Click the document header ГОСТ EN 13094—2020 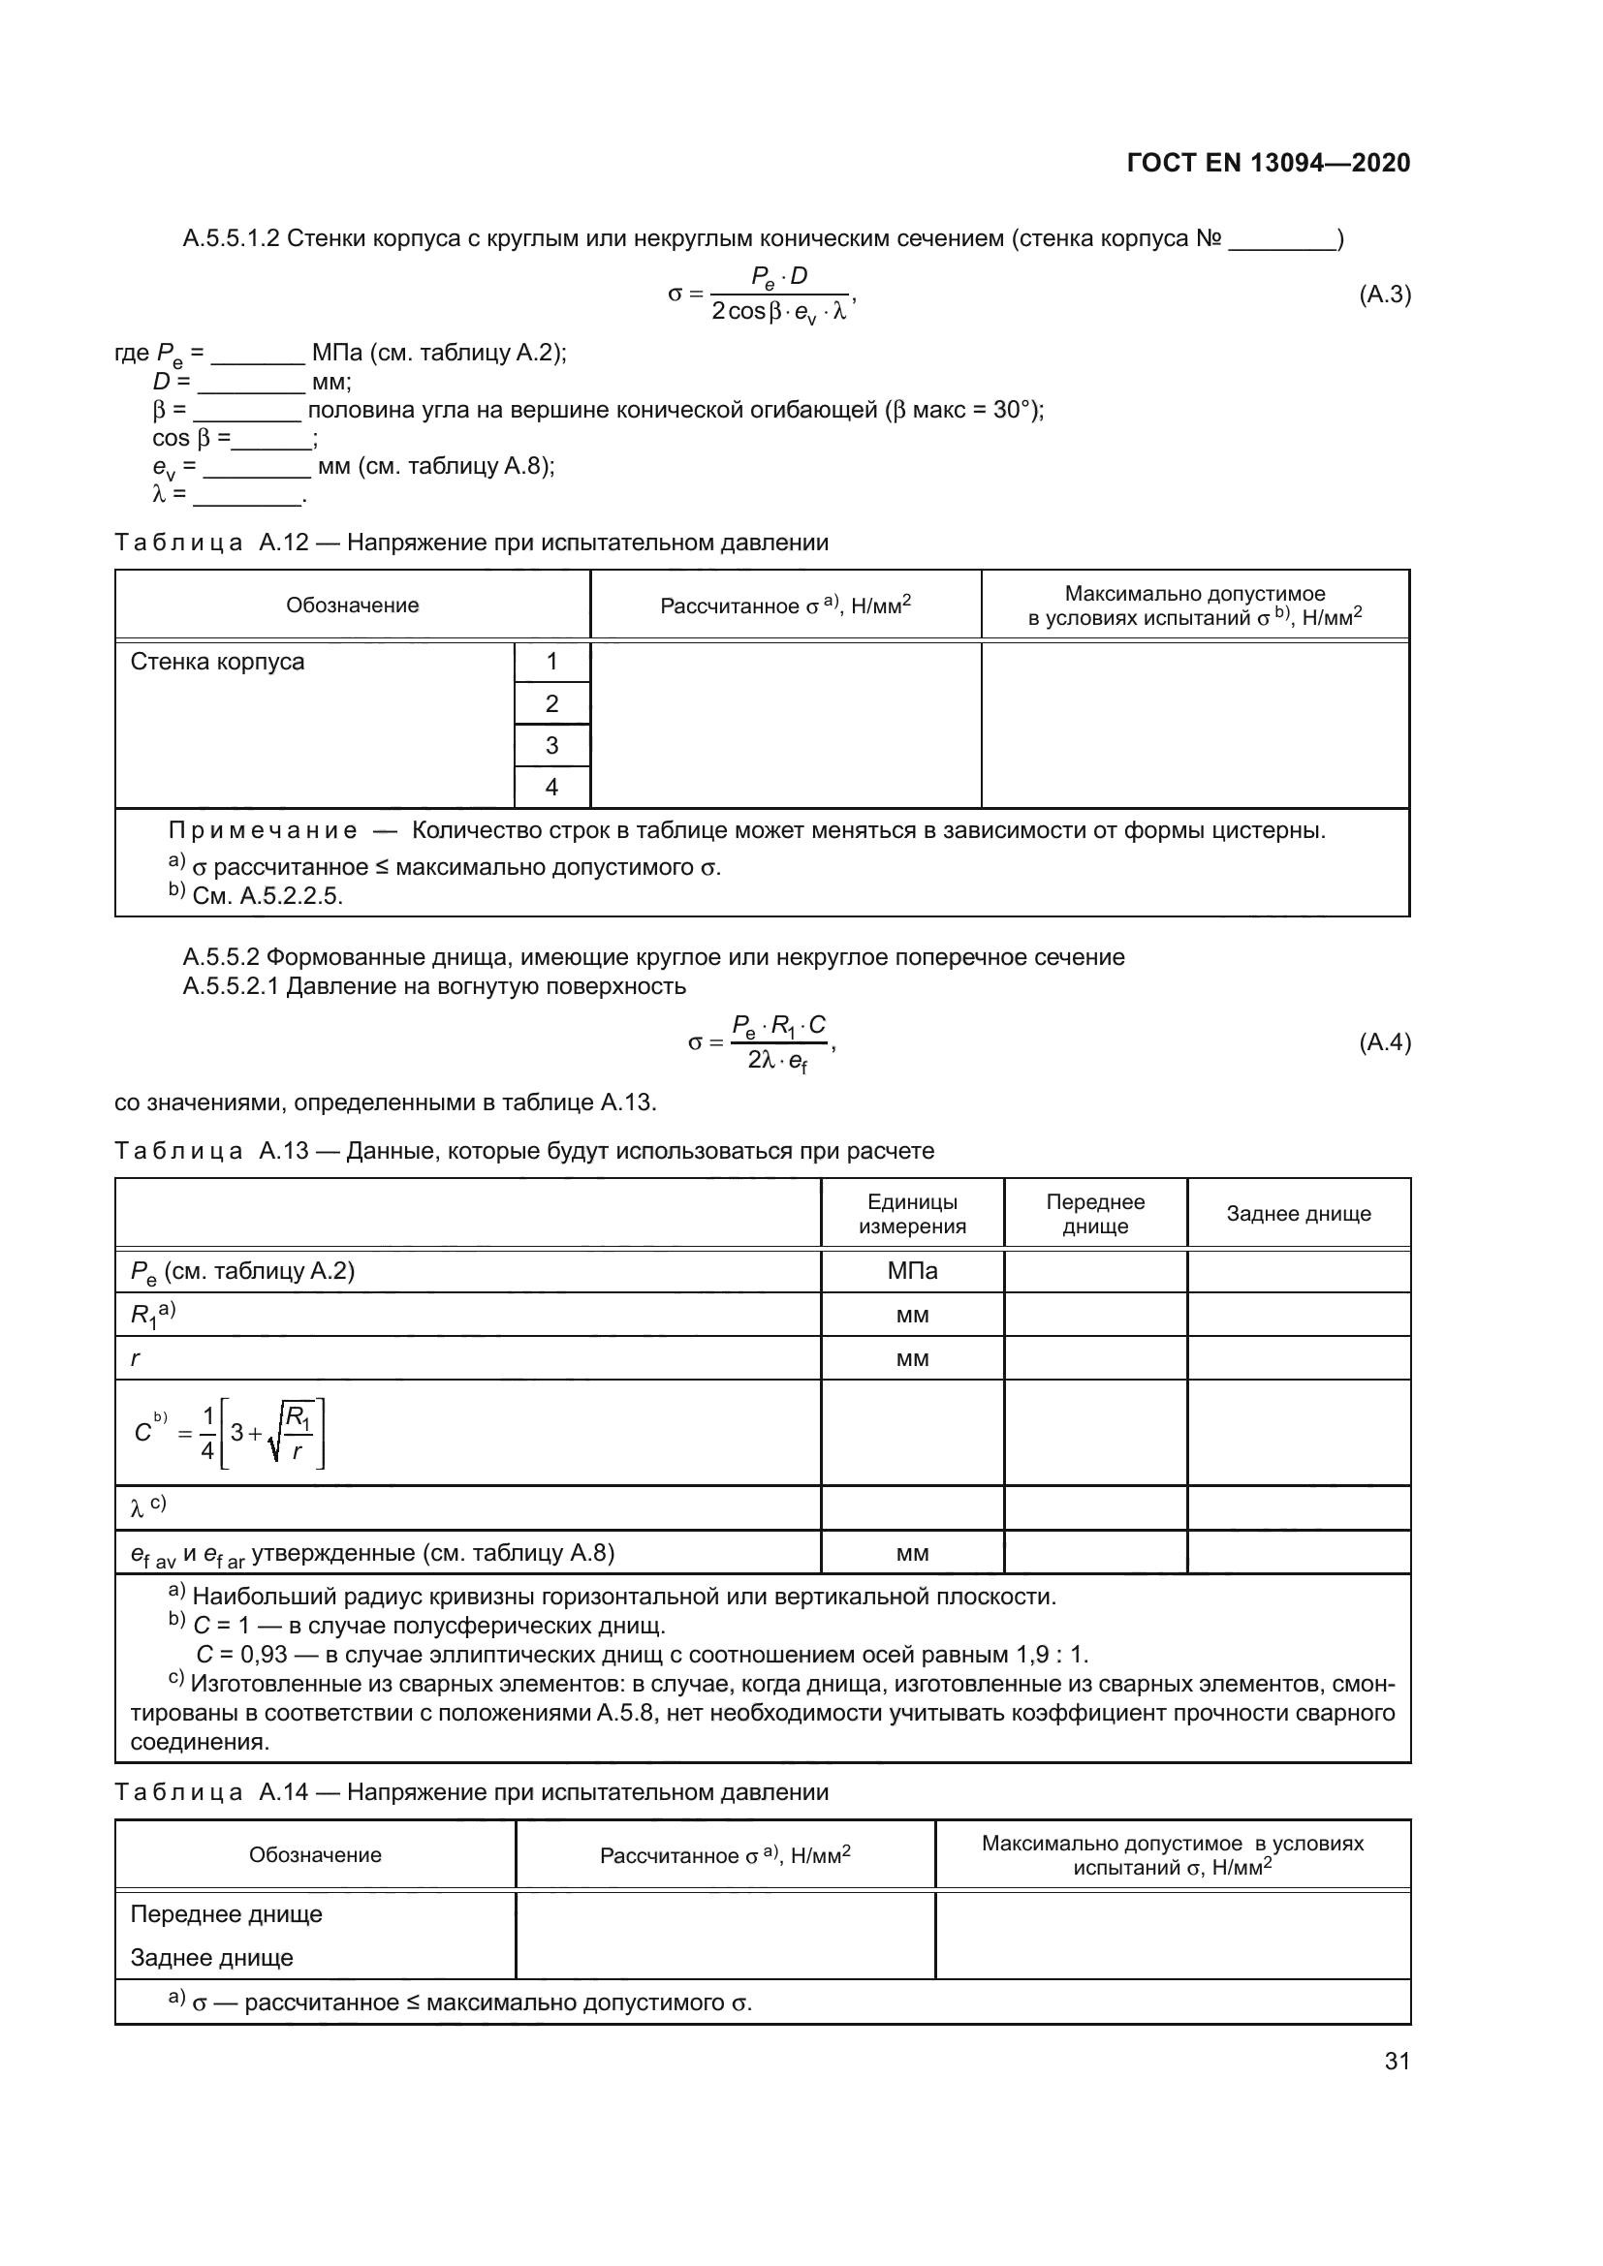pyautogui.click(x=1268, y=163)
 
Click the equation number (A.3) pyautogui.click(x=1384, y=295)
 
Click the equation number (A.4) pyautogui.click(x=1384, y=1042)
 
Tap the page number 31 pyautogui.click(x=1397, y=2061)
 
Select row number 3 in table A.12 pyautogui.click(x=551, y=745)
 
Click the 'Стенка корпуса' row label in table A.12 pyautogui.click(x=217, y=662)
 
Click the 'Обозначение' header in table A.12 pyautogui.click(x=353, y=605)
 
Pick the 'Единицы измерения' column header pyautogui.click(x=912, y=1214)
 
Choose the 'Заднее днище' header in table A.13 pyautogui.click(x=1298, y=1214)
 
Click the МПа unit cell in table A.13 pyautogui.click(x=912, y=1271)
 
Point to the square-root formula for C pyautogui.click(x=229, y=1433)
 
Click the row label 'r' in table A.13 pyautogui.click(x=136, y=1358)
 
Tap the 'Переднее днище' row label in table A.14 pyautogui.click(x=226, y=1914)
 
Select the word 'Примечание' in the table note pyautogui.click(x=263, y=831)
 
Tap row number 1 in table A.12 pyautogui.click(x=551, y=662)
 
